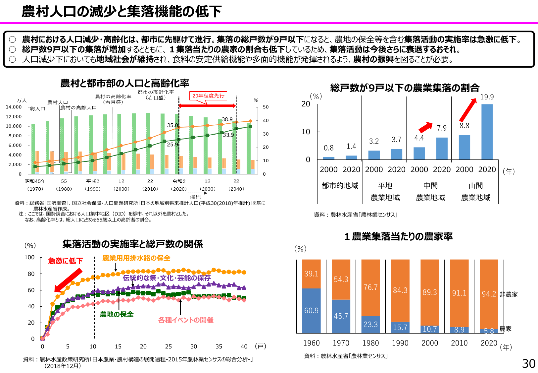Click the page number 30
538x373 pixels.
(x=528, y=364)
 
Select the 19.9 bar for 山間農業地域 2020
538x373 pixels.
(x=487, y=132)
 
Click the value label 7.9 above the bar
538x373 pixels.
(x=442, y=128)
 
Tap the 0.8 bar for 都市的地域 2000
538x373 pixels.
(x=328, y=158)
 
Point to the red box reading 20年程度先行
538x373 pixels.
(x=208, y=96)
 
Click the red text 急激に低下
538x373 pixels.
(x=65, y=261)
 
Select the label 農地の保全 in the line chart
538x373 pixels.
(x=117, y=314)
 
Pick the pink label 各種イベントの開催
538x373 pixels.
(x=186, y=320)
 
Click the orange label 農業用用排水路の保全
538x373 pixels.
(x=136, y=258)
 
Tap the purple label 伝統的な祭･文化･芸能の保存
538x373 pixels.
(x=167, y=278)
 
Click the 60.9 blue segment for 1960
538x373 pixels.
(x=311, y=311)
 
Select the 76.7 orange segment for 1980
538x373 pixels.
(x=370, y=287)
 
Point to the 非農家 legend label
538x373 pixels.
(x=509, y=294)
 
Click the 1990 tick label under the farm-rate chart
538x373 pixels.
(x=400, y=343)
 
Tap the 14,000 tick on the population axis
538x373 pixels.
(x=14, y=107)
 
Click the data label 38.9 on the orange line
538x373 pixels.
(x=227, y=119)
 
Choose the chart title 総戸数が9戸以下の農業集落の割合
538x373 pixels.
(x=405, y=88)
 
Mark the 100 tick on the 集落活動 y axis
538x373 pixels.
(x=29, y=257)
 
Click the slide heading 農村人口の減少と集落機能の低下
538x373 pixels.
(x=122, y=11)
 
